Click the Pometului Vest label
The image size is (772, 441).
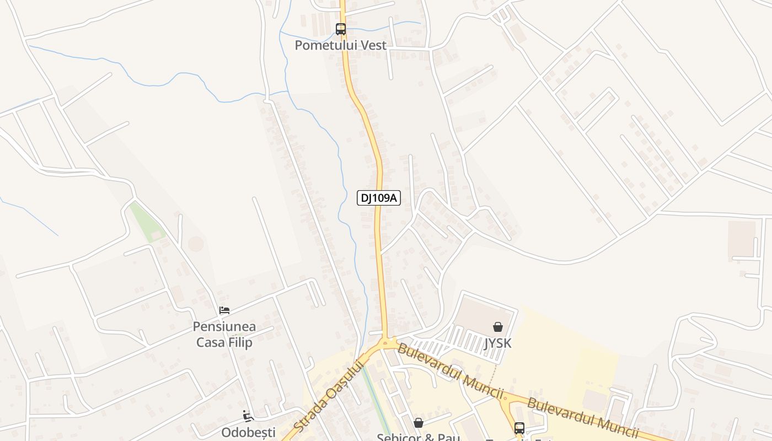coord(340,45)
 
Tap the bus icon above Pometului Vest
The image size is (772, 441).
coord(341,29)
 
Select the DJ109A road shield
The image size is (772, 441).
coord(378,198)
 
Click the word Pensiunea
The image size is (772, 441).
coord(224,327)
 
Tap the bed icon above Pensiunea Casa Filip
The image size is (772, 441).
coord(224,310)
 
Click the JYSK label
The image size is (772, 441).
coord(497,343)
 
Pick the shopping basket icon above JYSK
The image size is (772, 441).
coord(497,327)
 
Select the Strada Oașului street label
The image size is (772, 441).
coord(329,395)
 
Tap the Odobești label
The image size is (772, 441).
coord(248,432)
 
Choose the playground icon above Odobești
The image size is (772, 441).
coord(248,416)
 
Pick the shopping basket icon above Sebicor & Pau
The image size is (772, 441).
coord(419,423)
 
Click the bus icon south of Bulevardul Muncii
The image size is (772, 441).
coord(519,428)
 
